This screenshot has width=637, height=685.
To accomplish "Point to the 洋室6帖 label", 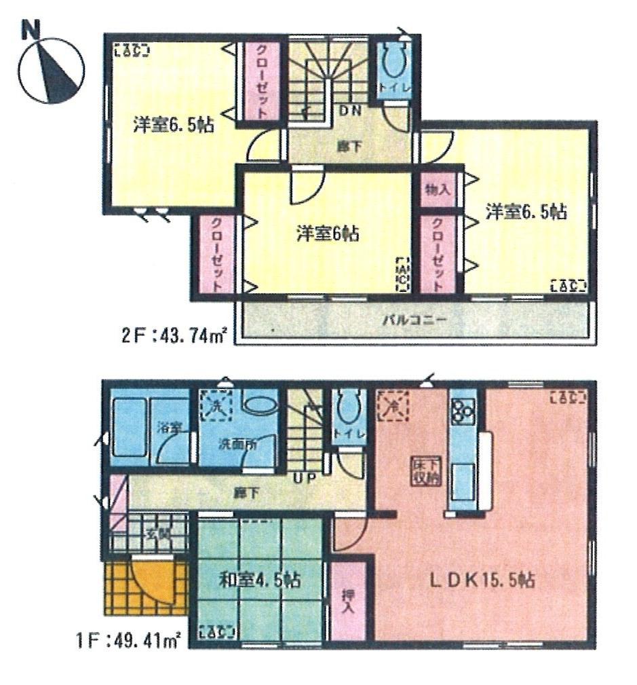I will coord(327,234).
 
